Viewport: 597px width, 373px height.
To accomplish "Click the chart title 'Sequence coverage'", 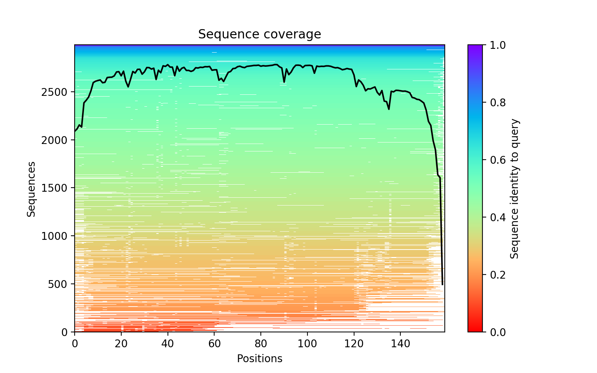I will coord(259,34).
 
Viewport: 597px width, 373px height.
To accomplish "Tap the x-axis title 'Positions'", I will coord(259,359).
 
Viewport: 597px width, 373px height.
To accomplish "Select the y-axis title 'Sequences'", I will coord(31,189).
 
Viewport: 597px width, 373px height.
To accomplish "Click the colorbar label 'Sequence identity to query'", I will coord(515,189).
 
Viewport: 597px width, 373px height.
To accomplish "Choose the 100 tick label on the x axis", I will coord(307,343).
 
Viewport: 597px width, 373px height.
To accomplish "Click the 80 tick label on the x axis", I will coord(261,343).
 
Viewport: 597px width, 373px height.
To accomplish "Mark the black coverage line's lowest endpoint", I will coord(443,285).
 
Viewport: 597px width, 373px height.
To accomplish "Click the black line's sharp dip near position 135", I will coord(389,109).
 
